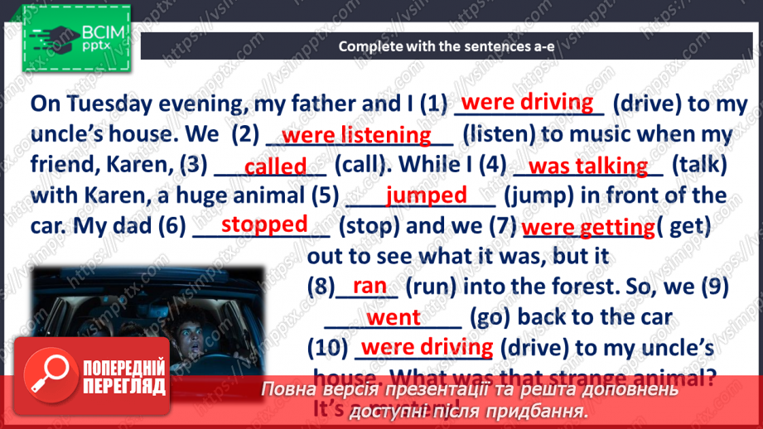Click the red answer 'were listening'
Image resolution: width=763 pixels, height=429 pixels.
(x=356, y=134)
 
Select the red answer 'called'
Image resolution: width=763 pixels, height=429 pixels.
(x=276, y=166)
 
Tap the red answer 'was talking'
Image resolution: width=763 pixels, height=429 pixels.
(x=587, y=166)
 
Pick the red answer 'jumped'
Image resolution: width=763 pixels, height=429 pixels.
(x=427, y=195)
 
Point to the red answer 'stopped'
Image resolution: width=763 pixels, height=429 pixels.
(x=264, y=224)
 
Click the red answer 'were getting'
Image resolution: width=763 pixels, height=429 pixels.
(x=587, y=227)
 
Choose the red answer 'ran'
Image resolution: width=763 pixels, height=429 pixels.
(x=369, y=286)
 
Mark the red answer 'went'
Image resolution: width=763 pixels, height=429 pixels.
(x=394, y=317)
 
